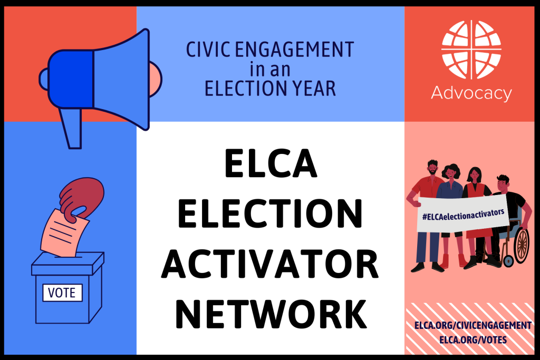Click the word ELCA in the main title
(x=271, y=163)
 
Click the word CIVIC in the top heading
(x=207, y=51)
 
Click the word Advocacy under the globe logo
(x=471, y=94)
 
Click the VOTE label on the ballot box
(x=62, y=292)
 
